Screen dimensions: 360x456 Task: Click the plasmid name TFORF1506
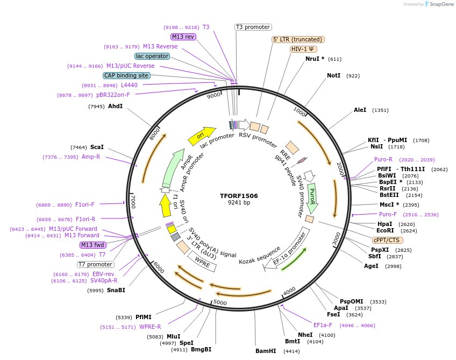(x=239, y=196)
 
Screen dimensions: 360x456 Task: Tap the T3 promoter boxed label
(x=253, y=27)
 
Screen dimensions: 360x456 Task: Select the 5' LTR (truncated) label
(x=298, y=39)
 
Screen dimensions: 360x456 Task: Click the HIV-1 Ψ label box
(x=303, y=49)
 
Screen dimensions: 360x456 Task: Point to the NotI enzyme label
(x=333, y=76)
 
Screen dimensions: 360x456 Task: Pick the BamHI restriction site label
(x=266, y=351)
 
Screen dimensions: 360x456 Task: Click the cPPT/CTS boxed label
(x=387, y=240)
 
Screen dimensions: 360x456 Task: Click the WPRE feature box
(x=202, y=261)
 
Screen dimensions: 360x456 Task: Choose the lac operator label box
(x=152, y=56)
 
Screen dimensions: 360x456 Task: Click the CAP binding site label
(x=126, y=76)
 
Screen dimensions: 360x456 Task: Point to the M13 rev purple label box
(x=183, y=37)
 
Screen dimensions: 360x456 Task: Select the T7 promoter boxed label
(x=96, y=264)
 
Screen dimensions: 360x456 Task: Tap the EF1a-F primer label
(x=323, y=325)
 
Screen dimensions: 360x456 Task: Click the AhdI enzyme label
(x=115, y=106)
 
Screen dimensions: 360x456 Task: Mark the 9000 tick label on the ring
(x=213, y=95)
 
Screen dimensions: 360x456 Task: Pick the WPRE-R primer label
(x=150, y=327)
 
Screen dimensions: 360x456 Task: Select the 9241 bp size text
(x=239, y=203)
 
